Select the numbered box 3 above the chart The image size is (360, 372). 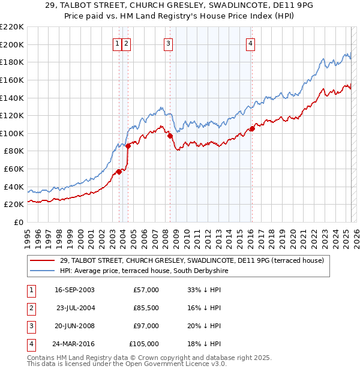tap(168, 43)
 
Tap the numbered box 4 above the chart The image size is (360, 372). tap(250, 43)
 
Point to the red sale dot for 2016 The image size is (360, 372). tap(252, 128)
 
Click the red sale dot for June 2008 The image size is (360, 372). tap(170, 136)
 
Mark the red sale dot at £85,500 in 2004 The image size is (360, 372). tap(128, 146)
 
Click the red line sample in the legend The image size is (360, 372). tap(43, 260)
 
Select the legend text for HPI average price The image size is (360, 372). tap(143, 271)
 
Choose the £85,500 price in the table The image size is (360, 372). tap(146, 308)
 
